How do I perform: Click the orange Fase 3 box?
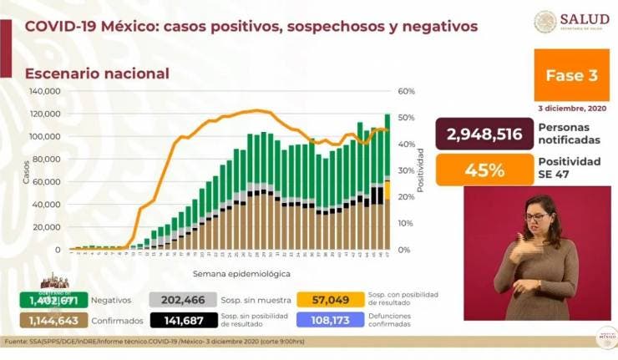pyautogui.click(x=570, y=75)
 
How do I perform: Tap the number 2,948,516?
pyautogui.click(x=484, y=134)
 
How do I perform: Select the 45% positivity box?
pyautogui.click(x=484, y=170)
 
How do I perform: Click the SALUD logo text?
pyautogui.click(x=584, y=19)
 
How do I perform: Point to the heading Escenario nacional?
pyautogui.click(x=97, y=74)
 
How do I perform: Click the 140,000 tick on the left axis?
pyautogui.click(x=44, y=91)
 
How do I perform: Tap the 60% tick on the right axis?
pyautogui.click(x=406, y=91)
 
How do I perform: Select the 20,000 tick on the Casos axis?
pyautogui.click(x=46, y=227)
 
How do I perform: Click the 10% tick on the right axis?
pyautogui.click(x=406, y=224)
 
